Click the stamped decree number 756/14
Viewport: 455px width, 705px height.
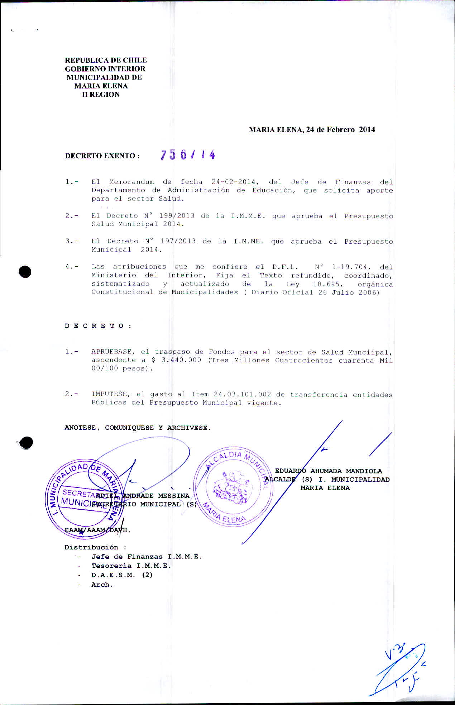(188, 154)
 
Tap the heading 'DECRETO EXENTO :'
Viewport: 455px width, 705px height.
(102, 156)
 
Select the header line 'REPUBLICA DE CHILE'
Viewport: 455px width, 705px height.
(106, 60)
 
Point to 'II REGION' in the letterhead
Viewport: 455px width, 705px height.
(101, 95)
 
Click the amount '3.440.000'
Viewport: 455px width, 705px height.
(181, 360)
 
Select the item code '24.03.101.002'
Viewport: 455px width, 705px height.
(242, 394)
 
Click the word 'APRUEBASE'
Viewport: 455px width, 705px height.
(113, 352)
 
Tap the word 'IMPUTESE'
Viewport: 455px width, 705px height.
(111, 394)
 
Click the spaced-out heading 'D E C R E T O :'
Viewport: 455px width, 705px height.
(98, 326)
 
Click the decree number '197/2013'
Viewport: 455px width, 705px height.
(178, 241)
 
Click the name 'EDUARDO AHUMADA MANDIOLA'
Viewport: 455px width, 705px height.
(328, 471)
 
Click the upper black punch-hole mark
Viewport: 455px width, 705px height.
(25, 272)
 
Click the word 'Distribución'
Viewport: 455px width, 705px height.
(91, 547)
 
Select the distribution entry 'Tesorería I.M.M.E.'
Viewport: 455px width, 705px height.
(131, 566)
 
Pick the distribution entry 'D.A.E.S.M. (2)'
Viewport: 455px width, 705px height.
(122, 575)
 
